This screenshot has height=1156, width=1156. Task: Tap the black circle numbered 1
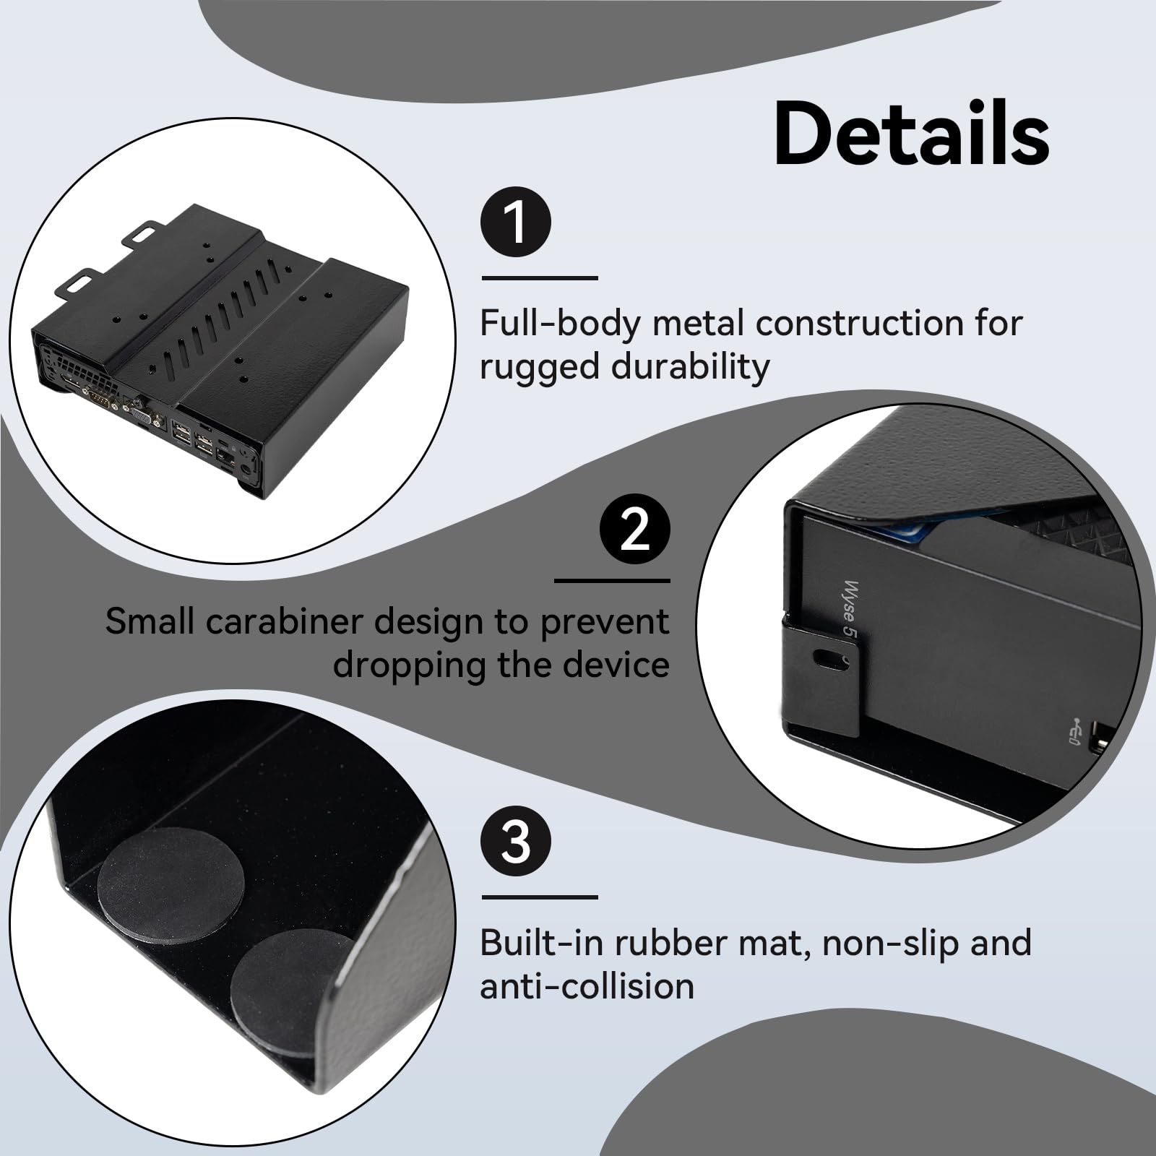pyautogui.click(x=516, y=222)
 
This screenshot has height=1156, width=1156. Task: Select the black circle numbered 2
pyautogui.click(x=635, y=530)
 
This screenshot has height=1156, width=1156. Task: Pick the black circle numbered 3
pyautogui.click(x=516, y=842)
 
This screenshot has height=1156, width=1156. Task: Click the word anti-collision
pyautogui.click(x=587, y=986)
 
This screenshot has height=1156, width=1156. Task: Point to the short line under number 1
pyautogui.click(x=540, y=277)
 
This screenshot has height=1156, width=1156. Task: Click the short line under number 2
pyautogui.click(x=612, y=580)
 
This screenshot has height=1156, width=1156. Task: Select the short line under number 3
pyautogui.click(x=540, y=897)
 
